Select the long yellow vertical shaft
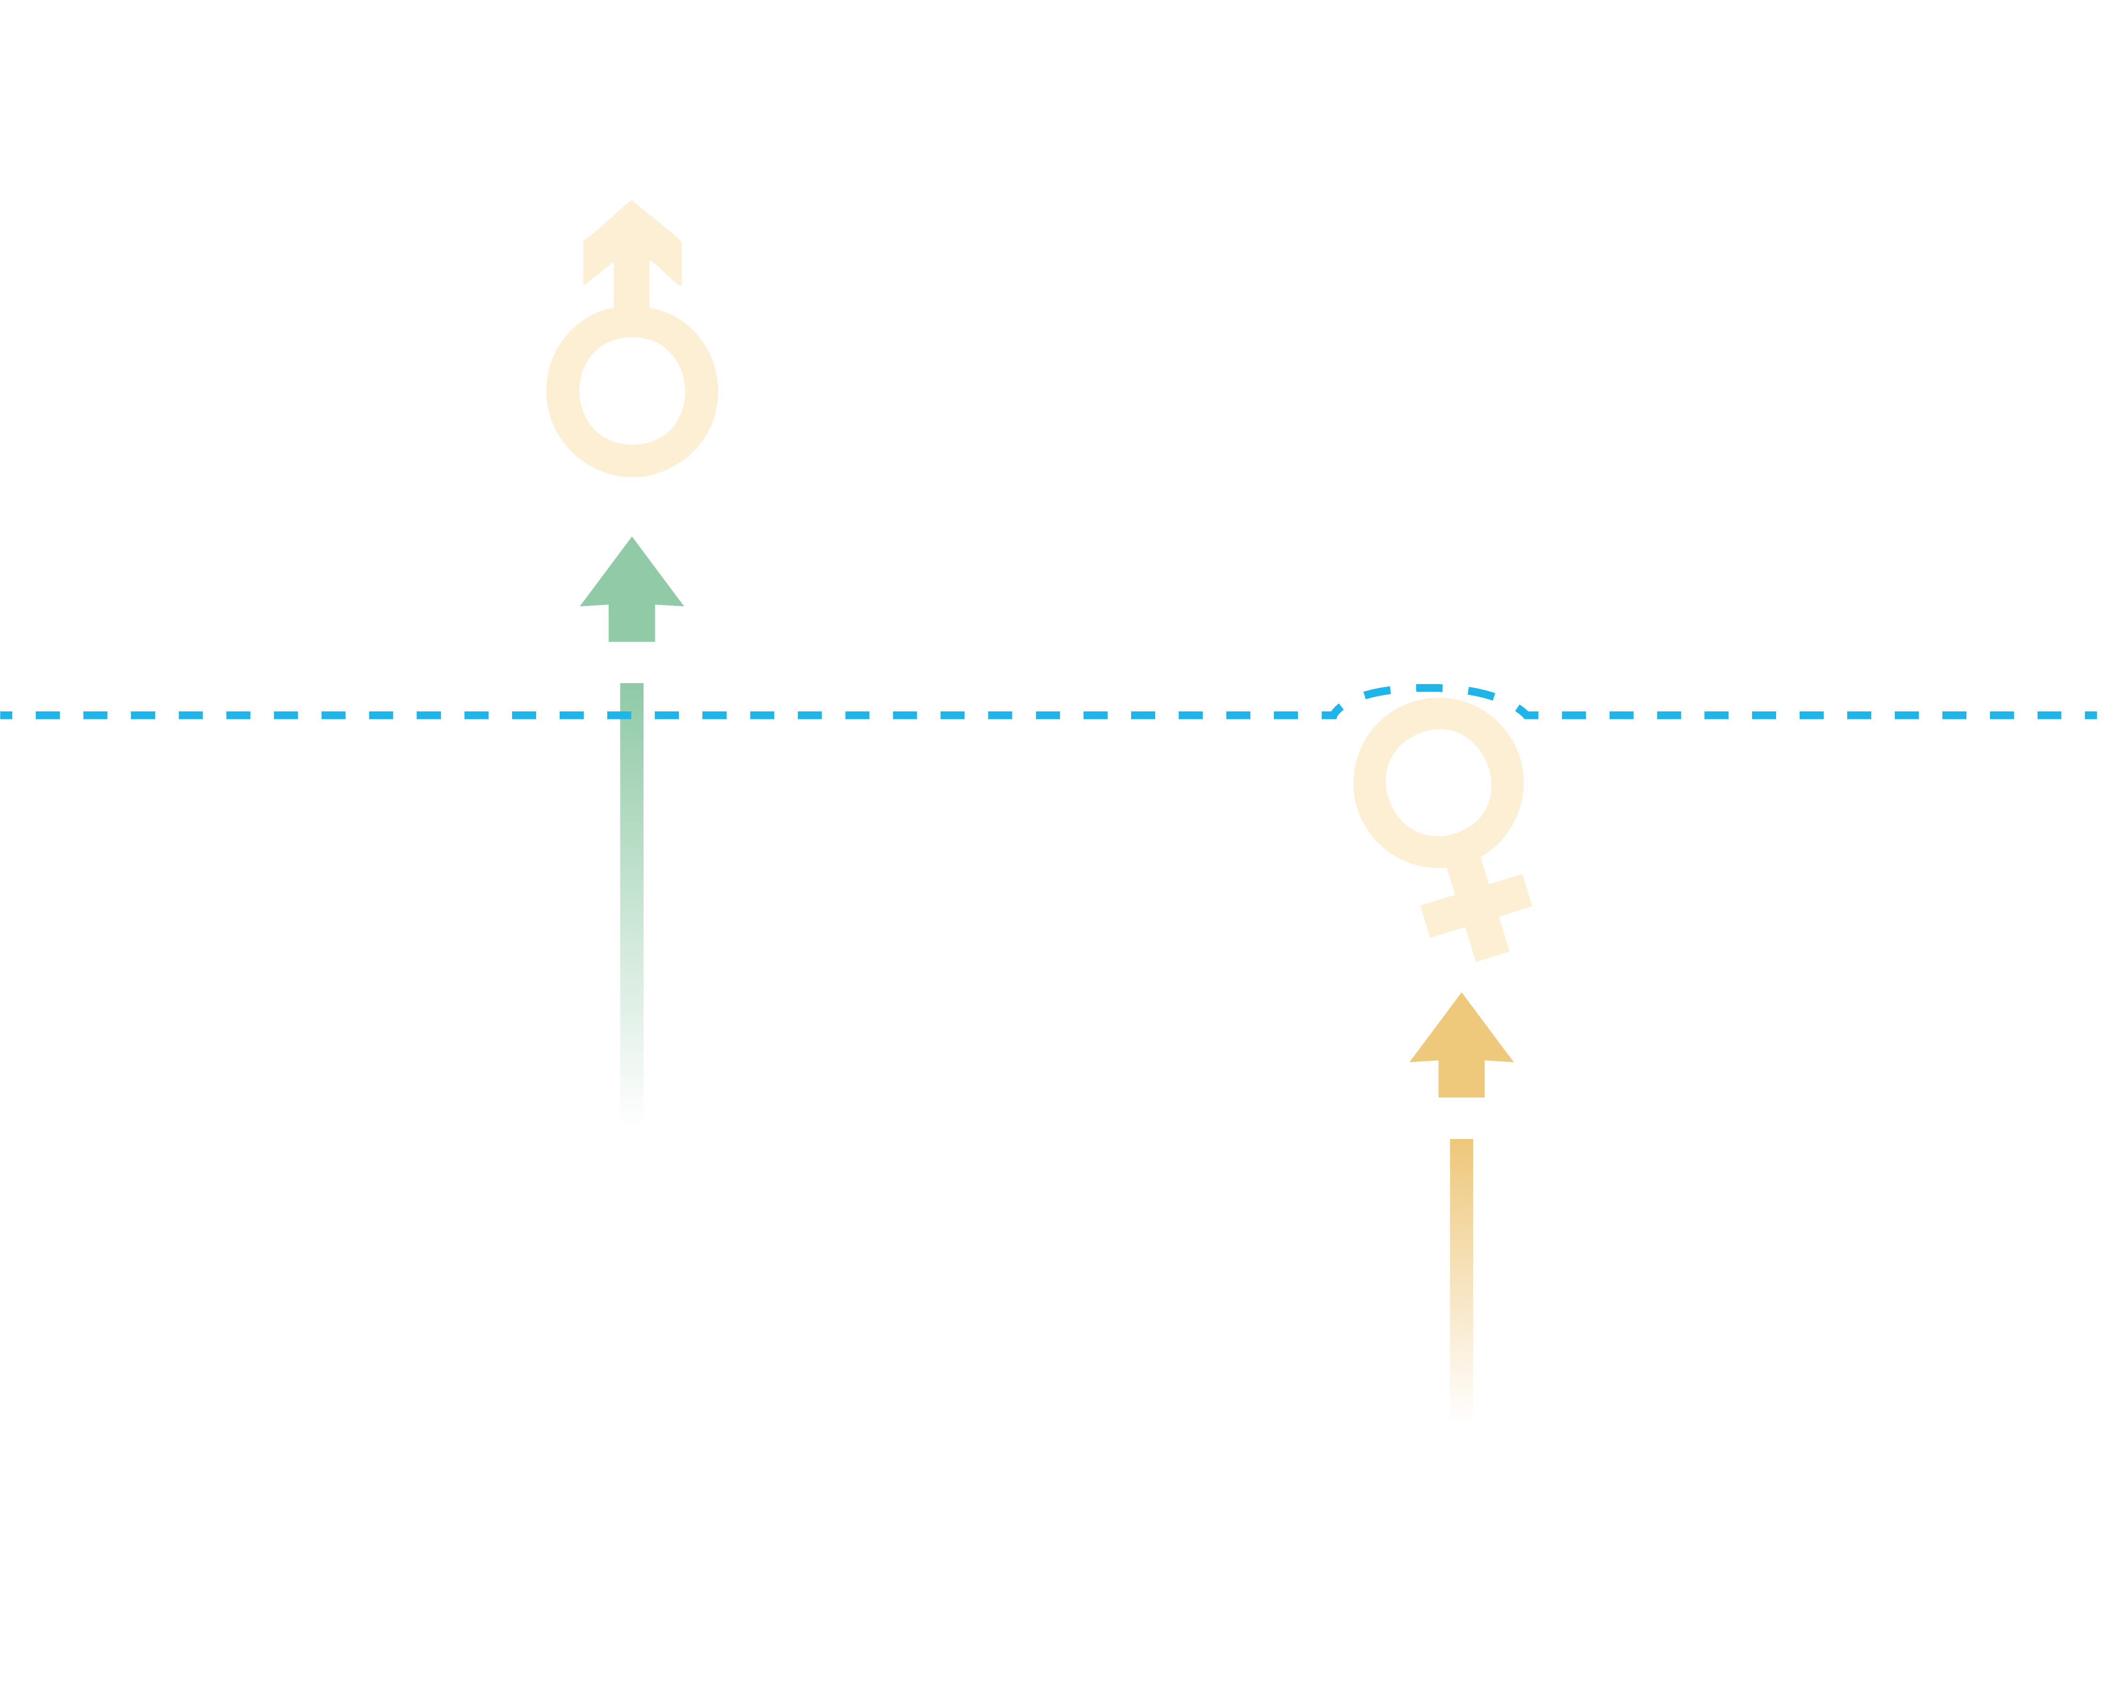1461,1279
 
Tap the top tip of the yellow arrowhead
1461,995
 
